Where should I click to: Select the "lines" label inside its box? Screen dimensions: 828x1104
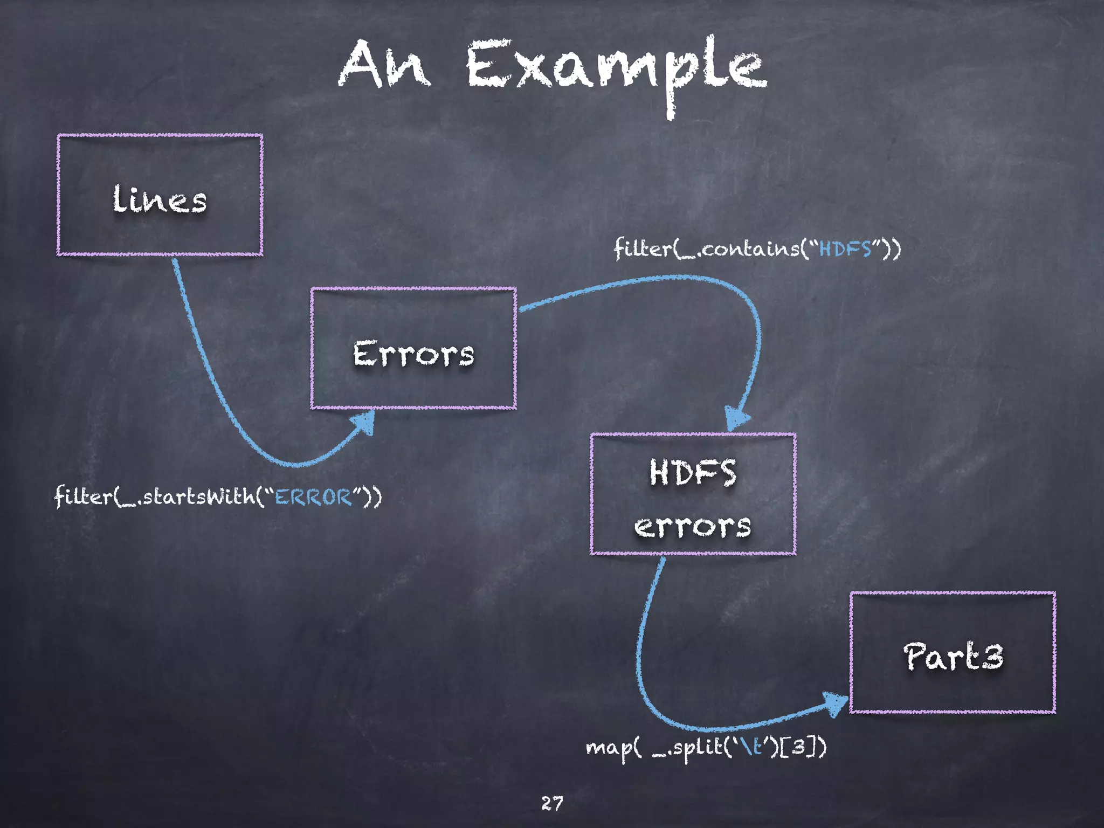tap(160, 199)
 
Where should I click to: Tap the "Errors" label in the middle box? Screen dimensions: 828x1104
tap(413, 354)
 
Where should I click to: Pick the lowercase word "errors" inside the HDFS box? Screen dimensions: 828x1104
tap(693, 526)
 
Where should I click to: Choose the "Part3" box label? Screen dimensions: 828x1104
tap(953, 657)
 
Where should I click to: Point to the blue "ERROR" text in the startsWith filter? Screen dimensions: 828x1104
tap(313, 496)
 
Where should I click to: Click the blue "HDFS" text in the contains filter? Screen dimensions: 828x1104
tap(845, 249)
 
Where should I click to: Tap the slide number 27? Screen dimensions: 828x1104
tap(552, 803)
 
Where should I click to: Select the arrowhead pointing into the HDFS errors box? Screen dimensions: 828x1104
tap(736, 418)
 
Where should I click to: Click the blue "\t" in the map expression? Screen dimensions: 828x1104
tap(751, 747)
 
